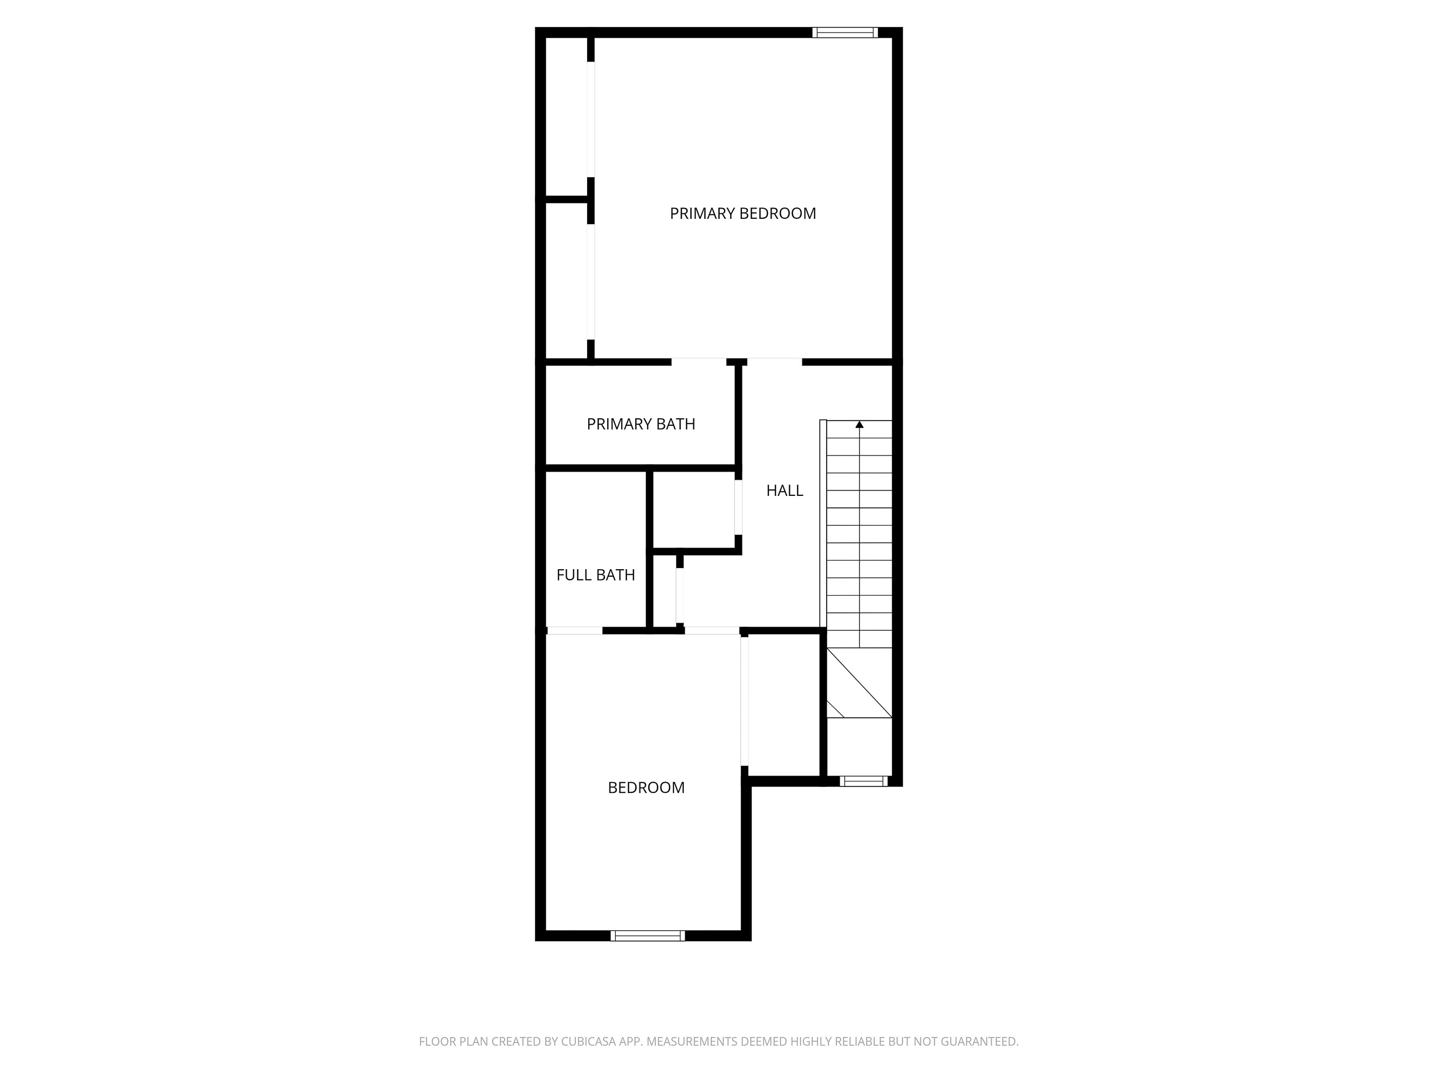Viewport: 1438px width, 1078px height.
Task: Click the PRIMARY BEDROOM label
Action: pyautogui.click(x=742, y=213)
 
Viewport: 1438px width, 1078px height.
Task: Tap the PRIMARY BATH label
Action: pyautogui.click(x=641, y=424)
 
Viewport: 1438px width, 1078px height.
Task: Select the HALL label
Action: pyautogui.click(x=784, y=490)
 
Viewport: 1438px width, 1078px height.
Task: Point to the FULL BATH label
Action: pyautogui.click(x=595, y=575)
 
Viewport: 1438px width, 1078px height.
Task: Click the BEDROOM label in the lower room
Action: pyautogui.click(x=645, y=787)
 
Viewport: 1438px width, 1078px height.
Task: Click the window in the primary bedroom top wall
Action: pyautogui.click(x=844, y=32)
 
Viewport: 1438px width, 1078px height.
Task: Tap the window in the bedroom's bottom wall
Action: pyautogui.click(x=647, y=936)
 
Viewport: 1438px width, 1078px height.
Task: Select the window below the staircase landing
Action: pyautogui.click(x=863, y=781)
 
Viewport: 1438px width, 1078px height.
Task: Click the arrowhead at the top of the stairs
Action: pyautogui.click(x=859, y=424)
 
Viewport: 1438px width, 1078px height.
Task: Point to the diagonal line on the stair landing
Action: pyautogui.click(x=858, y=682)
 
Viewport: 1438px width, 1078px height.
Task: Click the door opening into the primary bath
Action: pyautogui.click(x=698, y=361)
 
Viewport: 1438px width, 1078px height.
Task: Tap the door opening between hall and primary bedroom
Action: pyautogui.click(x=774, y=361)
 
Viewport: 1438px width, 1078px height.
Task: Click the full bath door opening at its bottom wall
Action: pyautogui.click(x=575, y=630)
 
